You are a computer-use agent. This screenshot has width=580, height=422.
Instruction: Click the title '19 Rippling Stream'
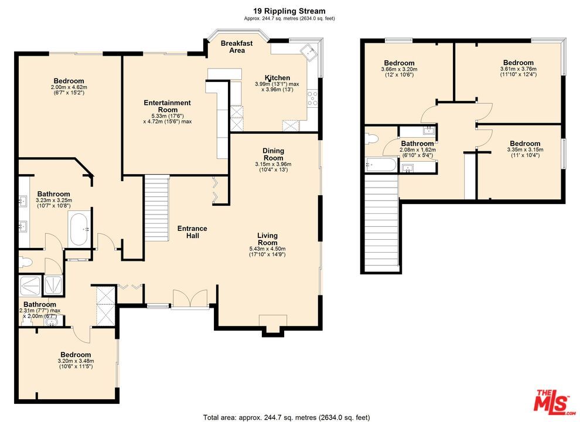pyautogui.click(x=289, y=11)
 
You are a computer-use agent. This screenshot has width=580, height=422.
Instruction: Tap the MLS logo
pyautogui.click(x=553, y=401)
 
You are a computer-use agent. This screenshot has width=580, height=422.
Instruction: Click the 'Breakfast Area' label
pyautogui.click(x=237, y=47)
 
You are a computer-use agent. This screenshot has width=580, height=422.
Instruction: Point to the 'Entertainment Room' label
pyautogui.click(x=168, y=106)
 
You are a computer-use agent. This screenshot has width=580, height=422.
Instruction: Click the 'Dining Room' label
pyautogui.click(x=273, y=154)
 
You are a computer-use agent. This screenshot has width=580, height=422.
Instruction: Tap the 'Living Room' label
pyautogui.click(x=267, y=239)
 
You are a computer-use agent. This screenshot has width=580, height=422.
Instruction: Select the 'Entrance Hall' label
pyautogui.click(x=192, y=232)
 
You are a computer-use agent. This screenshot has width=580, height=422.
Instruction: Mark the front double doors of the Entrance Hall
pyautogui.click(x=190, y=298)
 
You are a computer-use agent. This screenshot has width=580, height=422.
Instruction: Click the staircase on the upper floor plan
pyautogui.click(x=382, y=223)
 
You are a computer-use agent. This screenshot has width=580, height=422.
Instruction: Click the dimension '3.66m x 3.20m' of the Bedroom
pyautogui.click(x=399, y=69)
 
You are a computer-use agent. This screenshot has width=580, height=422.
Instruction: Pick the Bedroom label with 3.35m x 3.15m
pyautogui.click(x=524, y=144)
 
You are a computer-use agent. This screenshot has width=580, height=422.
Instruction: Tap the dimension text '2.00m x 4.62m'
pyautogui.click(x=69, y=87)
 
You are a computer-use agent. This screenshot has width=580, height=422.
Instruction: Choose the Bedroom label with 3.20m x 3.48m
pyautogui.click(x=76, y=355)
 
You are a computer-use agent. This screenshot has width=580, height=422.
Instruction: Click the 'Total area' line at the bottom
pyautogui.click(x=286, y=417)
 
